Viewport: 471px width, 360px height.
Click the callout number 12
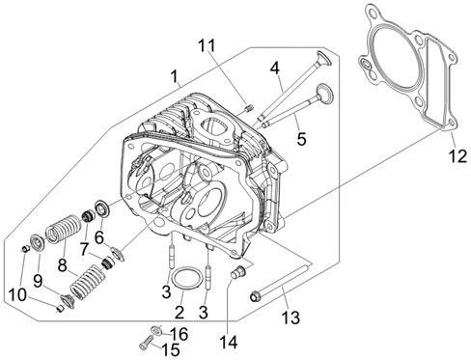click(458, 156)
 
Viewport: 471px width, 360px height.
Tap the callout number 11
click(207, 46)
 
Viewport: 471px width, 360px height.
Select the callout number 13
click(291, 318)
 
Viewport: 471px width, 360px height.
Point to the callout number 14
click(229, 342)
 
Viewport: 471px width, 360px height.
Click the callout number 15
click(171, 349)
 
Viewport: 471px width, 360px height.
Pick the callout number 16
click(179, 335)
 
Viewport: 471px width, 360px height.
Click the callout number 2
click(180, 312)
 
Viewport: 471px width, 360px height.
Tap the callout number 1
click(174, 77)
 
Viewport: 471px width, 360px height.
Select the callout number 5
click(301, 139)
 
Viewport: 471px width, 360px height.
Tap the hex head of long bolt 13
click(255, 296)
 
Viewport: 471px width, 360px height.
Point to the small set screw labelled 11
click(249, 108)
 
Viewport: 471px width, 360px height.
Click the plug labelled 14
click(238, 273)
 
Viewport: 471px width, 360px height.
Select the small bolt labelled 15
click(146, 342)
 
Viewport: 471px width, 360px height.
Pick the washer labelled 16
click(156, 330)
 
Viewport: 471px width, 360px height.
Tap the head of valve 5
click(324, 92)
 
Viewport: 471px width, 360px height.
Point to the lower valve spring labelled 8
click(88, 282)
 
